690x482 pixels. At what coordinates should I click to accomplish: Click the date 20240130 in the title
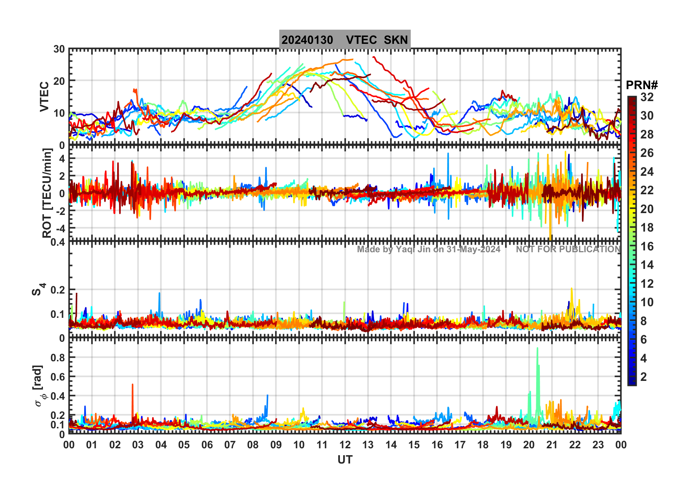coord(307,40)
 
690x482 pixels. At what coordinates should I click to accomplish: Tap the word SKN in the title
coord(396,40)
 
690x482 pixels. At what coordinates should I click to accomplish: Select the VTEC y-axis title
coord(44,96)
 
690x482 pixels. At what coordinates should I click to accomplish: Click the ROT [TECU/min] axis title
coord(47,193)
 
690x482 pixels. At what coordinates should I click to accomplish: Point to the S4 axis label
coord(38,290)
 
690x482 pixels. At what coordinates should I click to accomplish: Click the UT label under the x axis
coord(345,460)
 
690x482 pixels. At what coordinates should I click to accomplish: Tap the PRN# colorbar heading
coord(642,85)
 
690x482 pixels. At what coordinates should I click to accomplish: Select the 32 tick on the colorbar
coord(647,97)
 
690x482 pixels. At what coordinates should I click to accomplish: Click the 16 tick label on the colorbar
coord(647,246)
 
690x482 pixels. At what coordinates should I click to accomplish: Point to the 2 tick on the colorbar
coord(644,377)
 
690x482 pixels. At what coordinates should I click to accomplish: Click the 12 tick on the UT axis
coord(345,445)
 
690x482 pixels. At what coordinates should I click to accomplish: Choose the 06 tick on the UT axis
coord(207,445)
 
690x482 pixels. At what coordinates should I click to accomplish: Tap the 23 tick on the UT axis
coord(598,445)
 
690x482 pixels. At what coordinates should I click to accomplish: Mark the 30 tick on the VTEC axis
coord(59,49)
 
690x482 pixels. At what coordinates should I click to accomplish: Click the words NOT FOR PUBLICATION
coord(568,249)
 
